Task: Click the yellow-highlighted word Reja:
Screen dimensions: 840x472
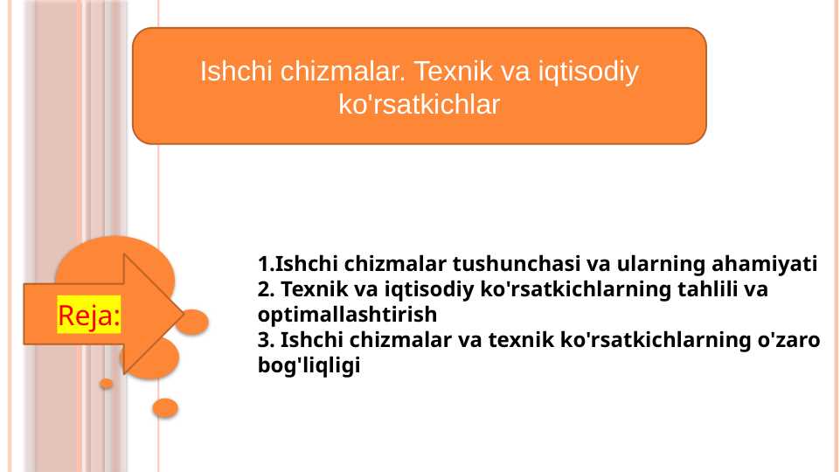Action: [89, 315]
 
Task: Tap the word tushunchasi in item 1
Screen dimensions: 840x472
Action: [517, 264]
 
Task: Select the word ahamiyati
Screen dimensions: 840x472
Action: [765, 264]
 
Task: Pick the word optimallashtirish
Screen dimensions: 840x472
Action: [347, 315]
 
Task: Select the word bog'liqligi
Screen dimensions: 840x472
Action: [309, 365]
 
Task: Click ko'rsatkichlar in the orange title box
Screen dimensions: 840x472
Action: [420, 104]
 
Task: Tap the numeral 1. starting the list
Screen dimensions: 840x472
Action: [267, 264]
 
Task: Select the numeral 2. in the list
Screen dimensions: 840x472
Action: [267, 289]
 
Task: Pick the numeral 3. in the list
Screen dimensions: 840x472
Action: [267, 340]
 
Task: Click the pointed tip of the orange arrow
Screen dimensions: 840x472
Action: [184, 315]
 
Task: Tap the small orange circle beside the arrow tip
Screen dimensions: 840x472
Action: [193, 322]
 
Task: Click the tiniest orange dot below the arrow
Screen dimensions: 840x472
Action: [107, 384]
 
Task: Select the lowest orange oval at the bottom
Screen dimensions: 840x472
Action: [165, 407]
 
